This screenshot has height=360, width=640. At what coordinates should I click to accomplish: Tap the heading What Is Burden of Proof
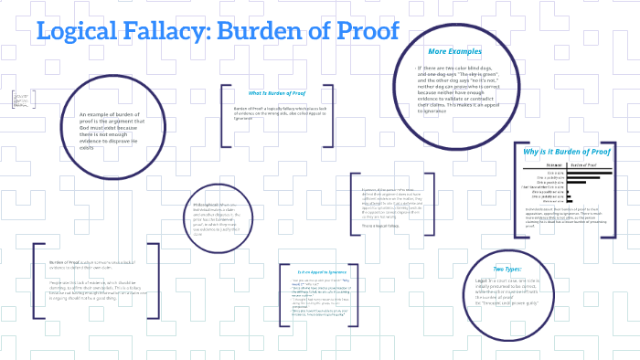(276, 93)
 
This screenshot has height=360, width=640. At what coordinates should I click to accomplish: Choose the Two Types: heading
(507, 269)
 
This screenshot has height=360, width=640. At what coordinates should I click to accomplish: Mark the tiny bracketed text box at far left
(20, 100)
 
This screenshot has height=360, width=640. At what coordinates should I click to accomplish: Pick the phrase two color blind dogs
(462, 69)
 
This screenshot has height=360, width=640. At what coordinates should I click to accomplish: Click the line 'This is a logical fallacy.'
(381, 226)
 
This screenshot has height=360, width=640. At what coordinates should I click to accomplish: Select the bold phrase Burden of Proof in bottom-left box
(66, 261)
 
